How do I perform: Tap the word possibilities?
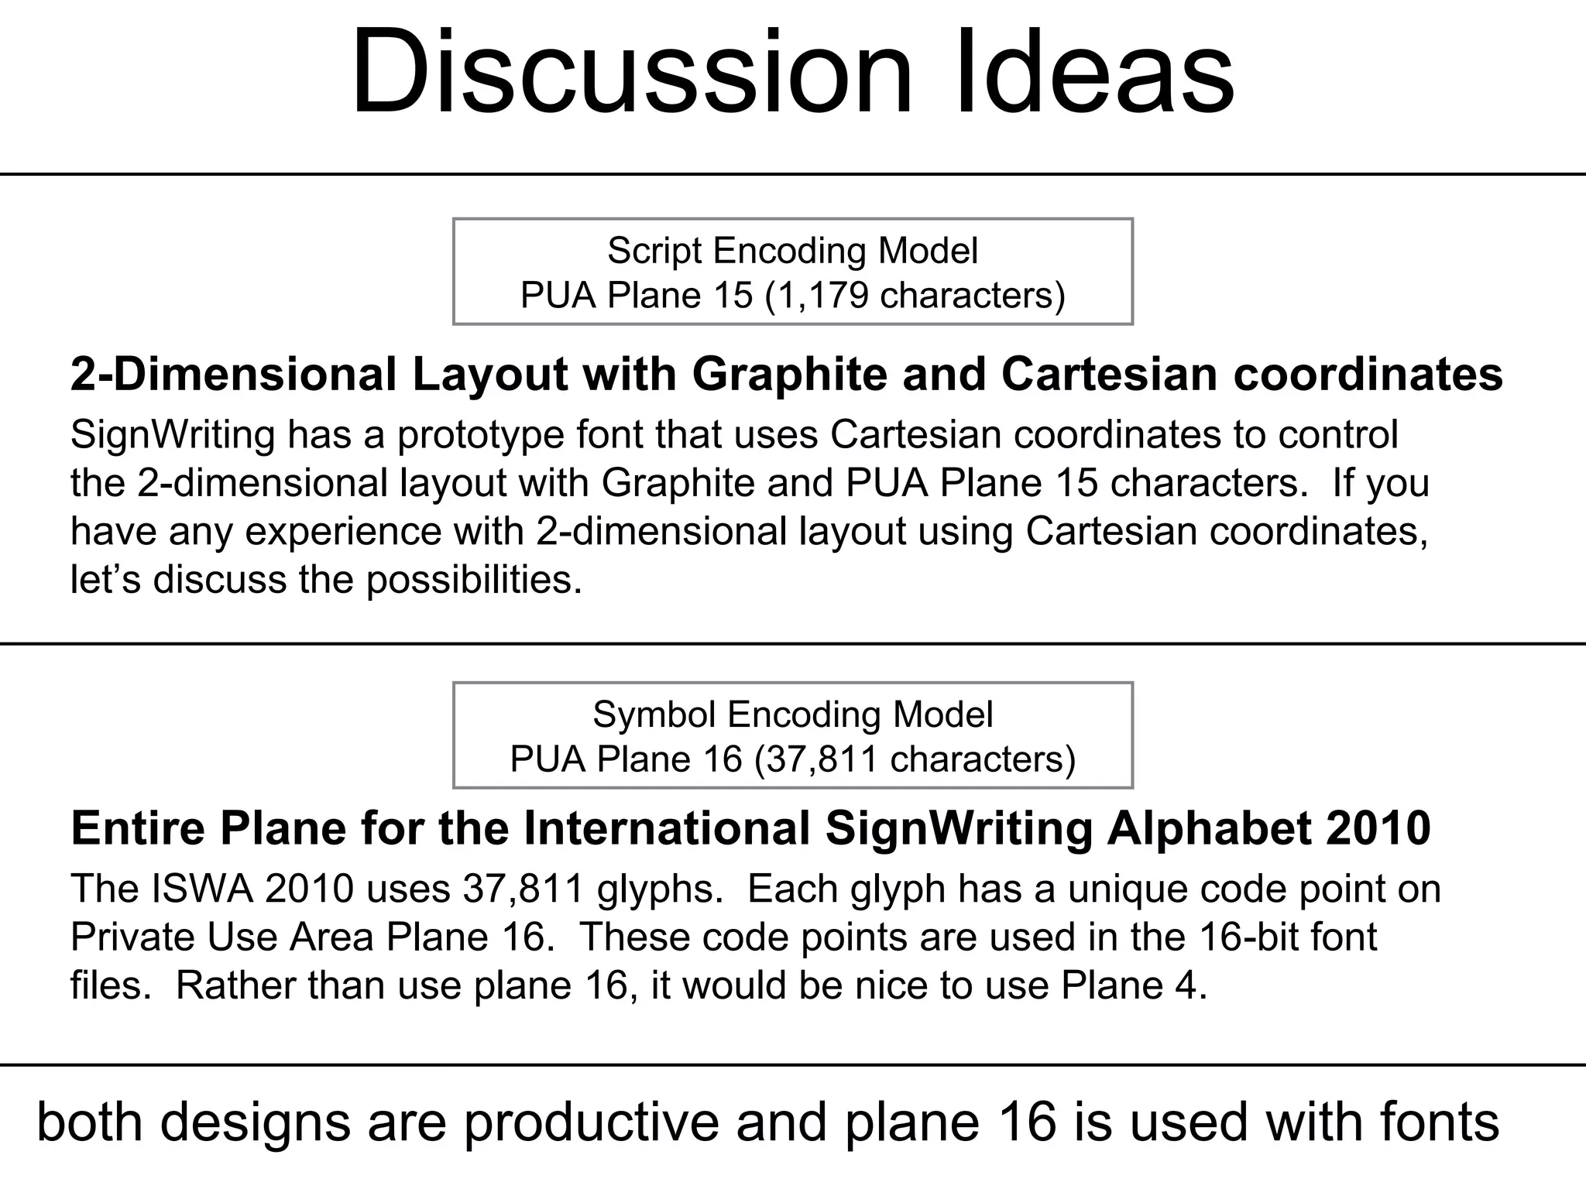[473, 581]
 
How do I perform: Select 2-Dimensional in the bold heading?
[233, 375]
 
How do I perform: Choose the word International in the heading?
[667, 828]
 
